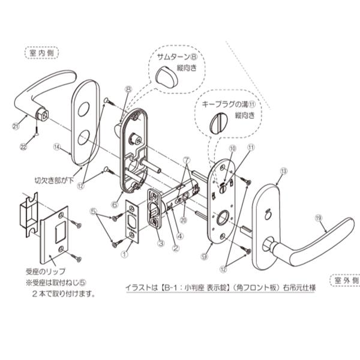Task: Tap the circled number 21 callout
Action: coord(16,125)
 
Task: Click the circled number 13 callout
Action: coord(283,171)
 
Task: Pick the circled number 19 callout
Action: coord(319,218)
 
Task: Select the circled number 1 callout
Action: coord(124,254)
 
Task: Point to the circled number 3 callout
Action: coord(160,243)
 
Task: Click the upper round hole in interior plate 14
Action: coord(83,110)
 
